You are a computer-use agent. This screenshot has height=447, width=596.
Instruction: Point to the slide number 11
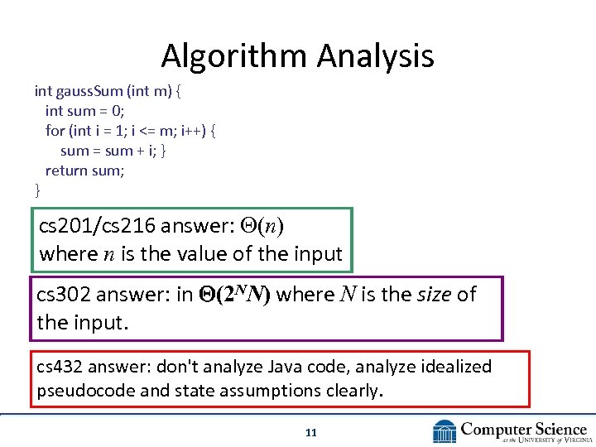click(x=311, y=432)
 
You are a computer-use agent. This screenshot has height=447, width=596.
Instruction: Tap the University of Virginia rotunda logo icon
click(x=445, y=432)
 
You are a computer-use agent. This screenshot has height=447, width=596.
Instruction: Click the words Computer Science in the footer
click(x=523, y=429)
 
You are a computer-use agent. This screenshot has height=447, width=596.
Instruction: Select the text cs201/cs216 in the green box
click(x=98, y=226)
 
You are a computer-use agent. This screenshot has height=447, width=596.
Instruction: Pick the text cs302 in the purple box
click(x=63, y=295)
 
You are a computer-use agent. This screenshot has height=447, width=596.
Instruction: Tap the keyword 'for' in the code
click(x=55, y=131)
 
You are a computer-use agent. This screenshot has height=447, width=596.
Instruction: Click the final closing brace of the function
click(x=37, y=191)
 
